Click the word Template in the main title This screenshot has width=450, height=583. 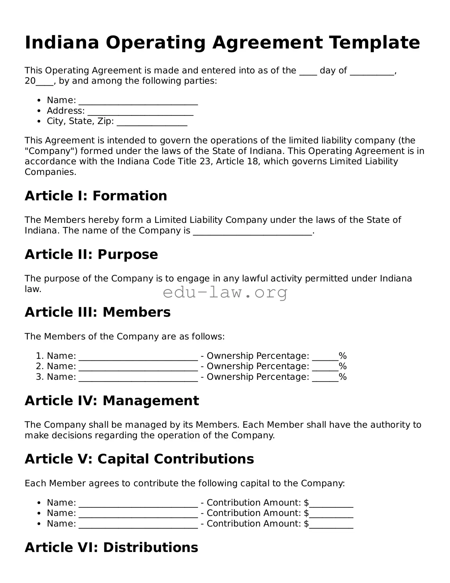click(374, 43)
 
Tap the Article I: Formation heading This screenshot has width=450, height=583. click(96, 196)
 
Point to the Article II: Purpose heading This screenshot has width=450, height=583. click(91, 254)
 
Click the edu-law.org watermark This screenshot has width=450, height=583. click(225, 293)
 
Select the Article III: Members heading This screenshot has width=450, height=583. click(97, 312)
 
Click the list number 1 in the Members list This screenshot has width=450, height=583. click(39, 356)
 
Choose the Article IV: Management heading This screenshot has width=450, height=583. click(112, 401)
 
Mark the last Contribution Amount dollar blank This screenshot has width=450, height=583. click(331, 524)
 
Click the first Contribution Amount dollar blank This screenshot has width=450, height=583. click(331, 503)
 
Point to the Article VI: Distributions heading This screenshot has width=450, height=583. click(111, 548)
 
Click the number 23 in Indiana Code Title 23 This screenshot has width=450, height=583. click(205, 162)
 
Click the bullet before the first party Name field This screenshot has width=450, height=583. click(39, 101)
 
